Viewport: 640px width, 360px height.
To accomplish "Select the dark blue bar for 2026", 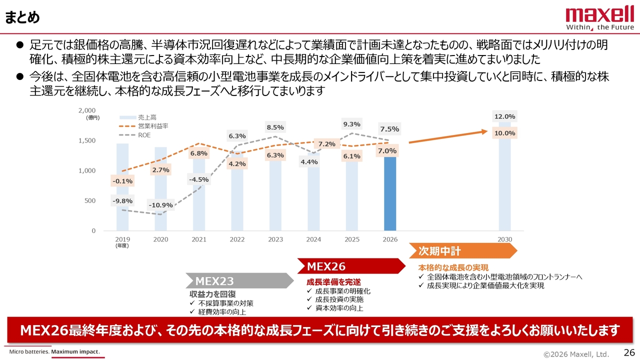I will pos(390,195).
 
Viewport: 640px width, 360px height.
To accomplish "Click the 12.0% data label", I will pos(505,116).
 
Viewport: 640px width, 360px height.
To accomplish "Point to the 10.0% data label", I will pos(505,133).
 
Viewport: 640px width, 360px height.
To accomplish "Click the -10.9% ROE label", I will pos(161,205).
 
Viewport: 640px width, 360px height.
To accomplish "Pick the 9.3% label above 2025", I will pos(352,124).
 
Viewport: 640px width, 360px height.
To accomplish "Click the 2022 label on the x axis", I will pos(237,239).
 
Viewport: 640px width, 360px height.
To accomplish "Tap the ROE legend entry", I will pos(144,135).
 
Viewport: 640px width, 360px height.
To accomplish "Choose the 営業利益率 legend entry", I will pos(153,126).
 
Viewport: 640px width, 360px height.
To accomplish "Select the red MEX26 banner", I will pos(350,266).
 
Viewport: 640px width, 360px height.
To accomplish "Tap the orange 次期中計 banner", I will pos(462,250).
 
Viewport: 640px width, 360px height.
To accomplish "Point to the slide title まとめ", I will pos(22,17).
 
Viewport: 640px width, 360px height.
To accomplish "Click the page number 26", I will pos(629,352).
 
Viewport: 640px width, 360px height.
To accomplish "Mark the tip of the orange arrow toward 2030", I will pos(487,131).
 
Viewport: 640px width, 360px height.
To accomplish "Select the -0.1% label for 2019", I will pos(122,181).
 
